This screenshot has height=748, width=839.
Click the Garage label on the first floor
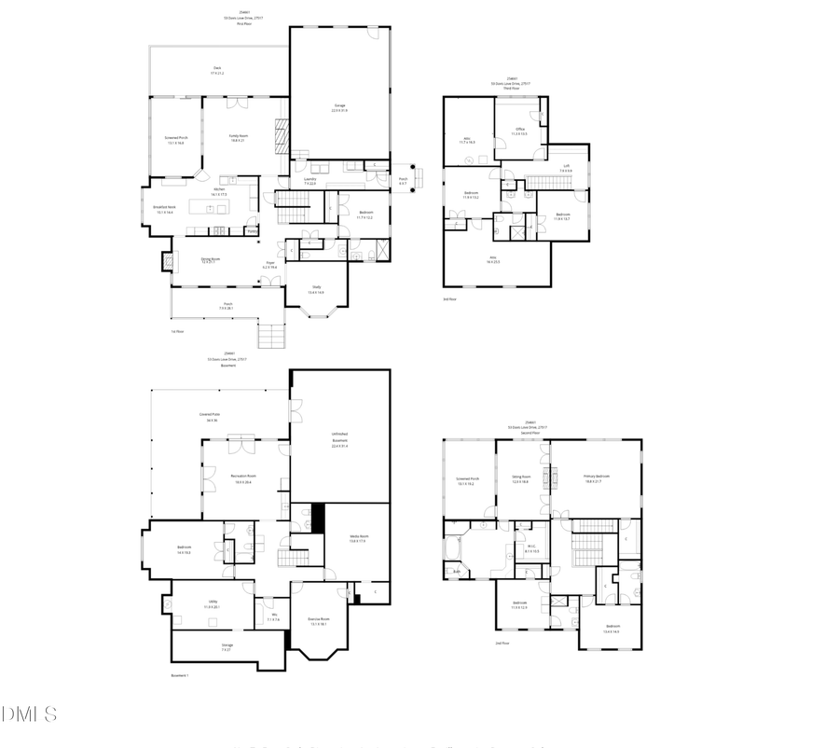339,107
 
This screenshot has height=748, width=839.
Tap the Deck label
217,70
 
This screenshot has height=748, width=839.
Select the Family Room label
238,138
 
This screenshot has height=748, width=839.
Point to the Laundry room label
309,181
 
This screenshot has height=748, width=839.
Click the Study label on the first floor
317,290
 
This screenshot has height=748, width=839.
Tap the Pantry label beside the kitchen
252,230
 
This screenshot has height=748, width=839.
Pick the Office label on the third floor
519,131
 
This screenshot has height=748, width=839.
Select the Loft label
565,169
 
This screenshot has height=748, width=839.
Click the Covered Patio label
209,416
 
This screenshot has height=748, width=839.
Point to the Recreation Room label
243,478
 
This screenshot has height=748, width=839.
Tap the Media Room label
359,538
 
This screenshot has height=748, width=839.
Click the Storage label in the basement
227,646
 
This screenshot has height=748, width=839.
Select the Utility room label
213,604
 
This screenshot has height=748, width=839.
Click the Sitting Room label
520,479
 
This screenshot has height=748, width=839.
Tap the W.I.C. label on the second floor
531,549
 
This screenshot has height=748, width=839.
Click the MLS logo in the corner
29,714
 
